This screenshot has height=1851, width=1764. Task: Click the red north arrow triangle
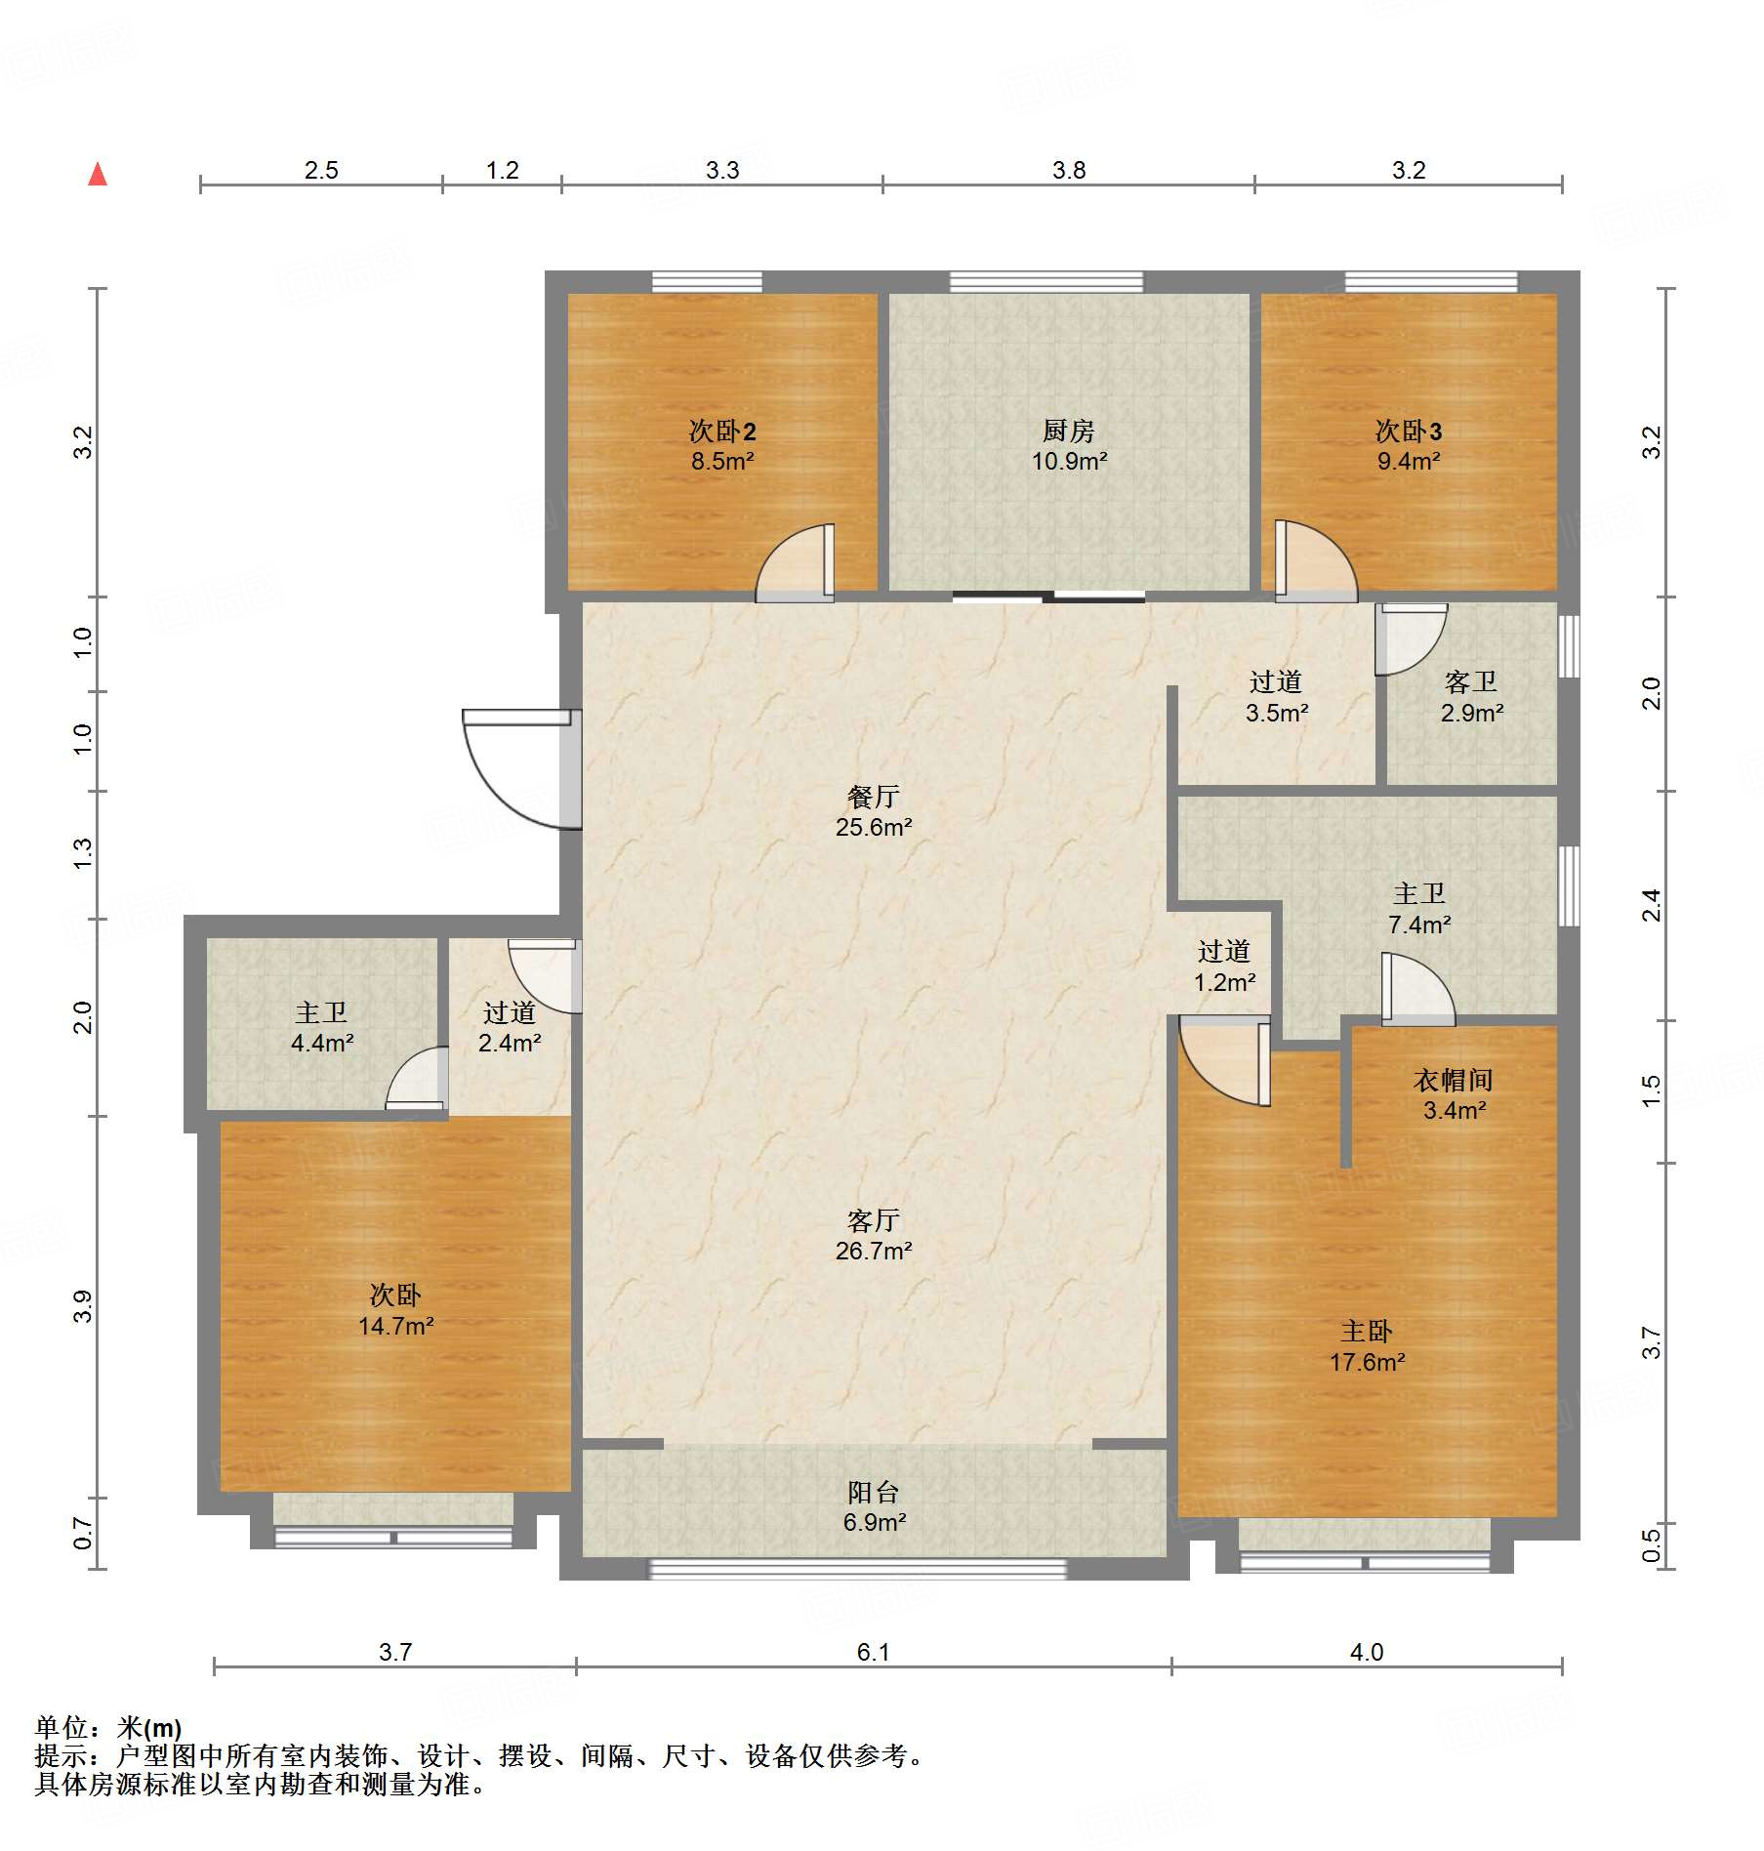(98, 175)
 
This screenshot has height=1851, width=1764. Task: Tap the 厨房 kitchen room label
(1068, 431)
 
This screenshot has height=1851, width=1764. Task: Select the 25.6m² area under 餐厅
(873, 828)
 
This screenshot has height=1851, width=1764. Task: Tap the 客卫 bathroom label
(1470, 682)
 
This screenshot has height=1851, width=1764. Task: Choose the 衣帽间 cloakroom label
(1453, 1080)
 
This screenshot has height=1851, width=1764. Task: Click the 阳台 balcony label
(873, 1492)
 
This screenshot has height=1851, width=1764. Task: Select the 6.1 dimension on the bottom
(873, 1652)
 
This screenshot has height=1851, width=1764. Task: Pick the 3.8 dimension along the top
(1068, 171)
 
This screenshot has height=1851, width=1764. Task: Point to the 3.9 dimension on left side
(83, 1306)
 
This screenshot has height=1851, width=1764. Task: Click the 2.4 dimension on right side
(1651, 905)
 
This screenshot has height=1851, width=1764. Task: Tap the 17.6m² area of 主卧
(1367, 1362)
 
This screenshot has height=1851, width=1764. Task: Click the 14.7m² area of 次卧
(395, 1326)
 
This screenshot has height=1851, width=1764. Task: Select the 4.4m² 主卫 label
(321, 1043)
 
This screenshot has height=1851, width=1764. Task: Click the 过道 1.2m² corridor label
(1224, 967)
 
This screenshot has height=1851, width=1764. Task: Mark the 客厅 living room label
(873, 1220)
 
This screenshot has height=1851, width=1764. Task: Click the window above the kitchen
(1046, 282)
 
